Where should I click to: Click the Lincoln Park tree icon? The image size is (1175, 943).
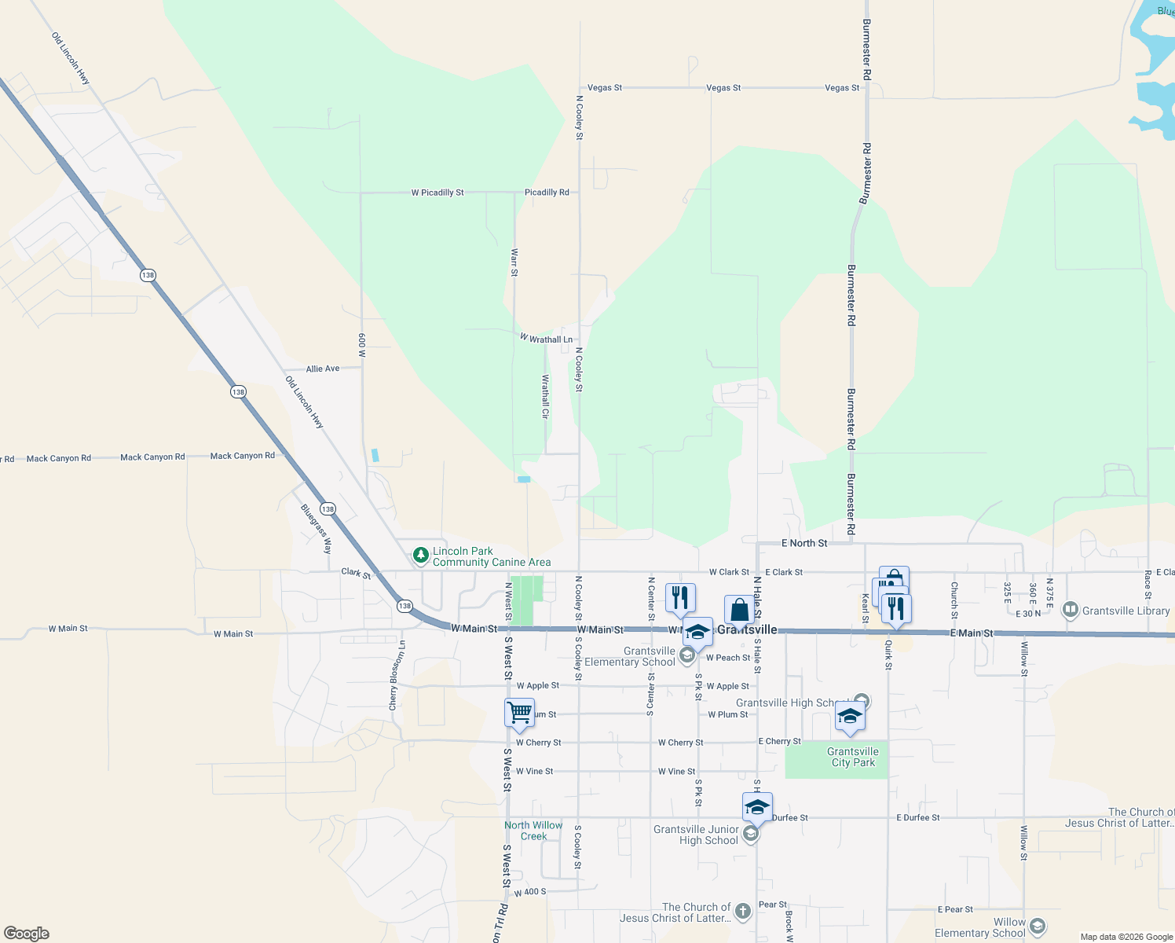pyautogui.click(x=421, y=556)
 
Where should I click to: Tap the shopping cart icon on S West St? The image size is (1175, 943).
pyautogui.click(x=519, y=713)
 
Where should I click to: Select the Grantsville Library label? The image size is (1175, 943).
pyautogui.click(x=1126, y=611)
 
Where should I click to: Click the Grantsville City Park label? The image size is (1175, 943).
pyautogui.click(x=853, y=757)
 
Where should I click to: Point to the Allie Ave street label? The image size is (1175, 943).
pyautogui.click(x=323, y=369)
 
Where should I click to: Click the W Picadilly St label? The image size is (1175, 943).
pyautogui.click(x=437, y=193)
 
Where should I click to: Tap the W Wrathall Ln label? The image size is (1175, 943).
pyautogui.click(x=547, y=339)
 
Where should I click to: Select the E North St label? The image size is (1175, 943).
pyautogui.click(x=804, y=543)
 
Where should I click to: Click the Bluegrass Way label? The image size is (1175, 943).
pyautogui.click(x=317, y=529)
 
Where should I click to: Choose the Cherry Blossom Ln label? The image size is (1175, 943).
pyautogui.click(x=397, y=675)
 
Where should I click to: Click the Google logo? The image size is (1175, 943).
pyautogui.click(x=27, y=934)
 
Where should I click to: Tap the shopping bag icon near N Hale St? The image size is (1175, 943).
pyautogui.click(x=739, y=610)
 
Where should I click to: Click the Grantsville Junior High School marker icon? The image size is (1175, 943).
pyautogui.click(x=751, y=833)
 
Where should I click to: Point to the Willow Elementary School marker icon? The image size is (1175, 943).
pyautogui.click(x=1037, y=927)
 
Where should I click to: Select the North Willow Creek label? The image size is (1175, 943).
pyautogui.click(x=533, y=831)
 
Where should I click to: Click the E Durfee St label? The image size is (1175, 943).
pyautogui.click(x=918, y=818)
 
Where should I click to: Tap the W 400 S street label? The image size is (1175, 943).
pyautogui.click(x=530, y=892)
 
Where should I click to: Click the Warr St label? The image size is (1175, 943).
pyautogui.click(x=514, y=262)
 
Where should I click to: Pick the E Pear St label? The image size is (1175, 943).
pyautogui.click(x=955, y=909)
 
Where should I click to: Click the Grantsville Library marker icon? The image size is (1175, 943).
pyautogui.click(x=1070, y=610)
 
